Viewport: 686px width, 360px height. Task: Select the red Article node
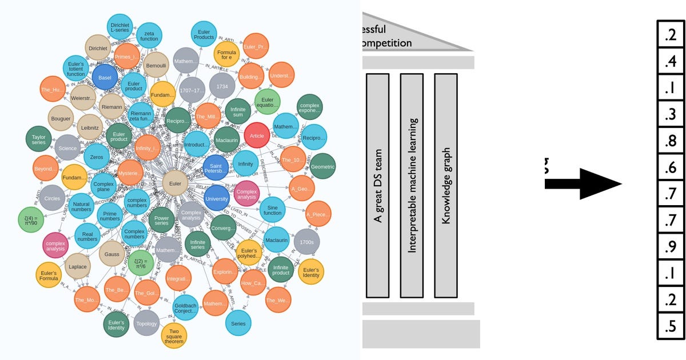[x=257, y=136]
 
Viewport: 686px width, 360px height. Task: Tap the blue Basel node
[x=105, y=78]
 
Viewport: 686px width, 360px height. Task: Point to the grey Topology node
[x=146, y=323]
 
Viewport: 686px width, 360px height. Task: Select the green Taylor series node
[x=39, y=139]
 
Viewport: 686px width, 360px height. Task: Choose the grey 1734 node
[x=222, y=86]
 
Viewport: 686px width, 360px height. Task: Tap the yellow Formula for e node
[x=225, y=55]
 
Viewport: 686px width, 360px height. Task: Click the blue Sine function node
[x=273, y=210]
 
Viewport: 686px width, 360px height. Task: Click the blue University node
[x=216, y=198]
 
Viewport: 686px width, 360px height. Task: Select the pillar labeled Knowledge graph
[x=446, y=186]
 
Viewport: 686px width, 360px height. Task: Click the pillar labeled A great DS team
[x=377, y=186]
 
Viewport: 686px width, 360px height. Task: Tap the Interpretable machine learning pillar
[x=412, y=186]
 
